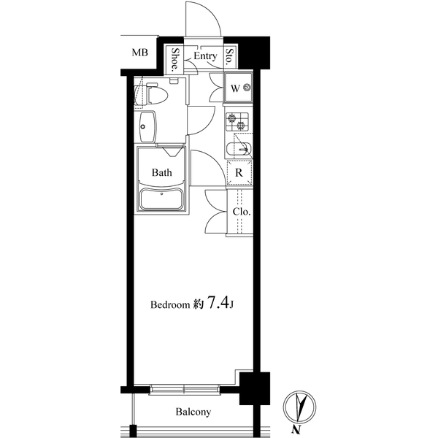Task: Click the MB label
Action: tap(140, 53)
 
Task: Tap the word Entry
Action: tap(205, 56)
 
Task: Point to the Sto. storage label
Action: tap(230, 57)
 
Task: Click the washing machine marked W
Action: tap(238, 88)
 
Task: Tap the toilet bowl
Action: tap(155, 94)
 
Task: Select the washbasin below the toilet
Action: tap(147, 127)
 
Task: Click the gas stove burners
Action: tap(237, 122)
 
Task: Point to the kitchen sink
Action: tap(239, 150)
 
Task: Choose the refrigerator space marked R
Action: tap(239, 173)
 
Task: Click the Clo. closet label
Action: tap(242, 212)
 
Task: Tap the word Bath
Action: tap(162, 172)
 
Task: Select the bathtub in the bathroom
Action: tap(161, 199)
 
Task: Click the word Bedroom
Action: tap(170, 304)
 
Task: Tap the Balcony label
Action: tap(193, 412)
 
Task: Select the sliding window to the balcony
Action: tap(185, 389)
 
